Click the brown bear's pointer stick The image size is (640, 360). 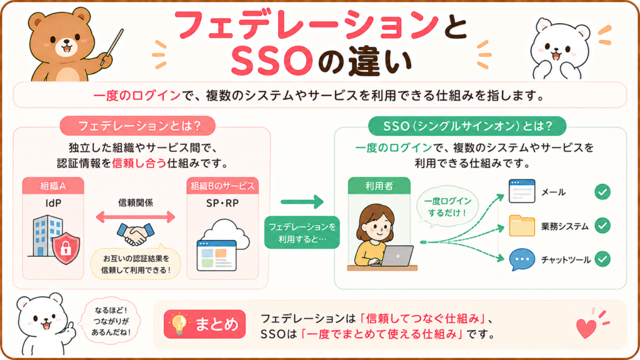(x=112, y=46)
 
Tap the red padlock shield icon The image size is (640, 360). (x=66, y=247)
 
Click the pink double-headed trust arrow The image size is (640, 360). (x=136, y=217)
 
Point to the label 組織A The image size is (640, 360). (x=53, y=186)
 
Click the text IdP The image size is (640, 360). (x=53, y=203)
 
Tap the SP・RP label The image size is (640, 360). (x=222, y=203)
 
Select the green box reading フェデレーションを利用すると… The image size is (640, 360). (x=302, y=232)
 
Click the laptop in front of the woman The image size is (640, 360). (x=396, y=256)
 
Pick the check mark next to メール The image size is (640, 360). (x=602, y=192)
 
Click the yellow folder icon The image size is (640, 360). (x=522, y=226)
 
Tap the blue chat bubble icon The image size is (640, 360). (x=522, y=259)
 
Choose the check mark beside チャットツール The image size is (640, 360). (x=602, y=259)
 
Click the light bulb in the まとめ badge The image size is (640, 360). (x=179, y=324)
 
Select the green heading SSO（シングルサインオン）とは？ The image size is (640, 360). (x=467, y=126)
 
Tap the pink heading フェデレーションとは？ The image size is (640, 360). (x=137, y=126)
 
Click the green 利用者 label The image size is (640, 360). (x=379, y=186)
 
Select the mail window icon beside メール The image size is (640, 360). (x=522, y=191)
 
